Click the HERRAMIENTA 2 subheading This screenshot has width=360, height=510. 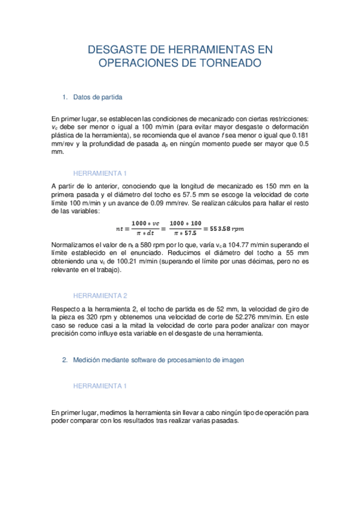100,296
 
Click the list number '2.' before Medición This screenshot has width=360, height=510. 65,360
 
